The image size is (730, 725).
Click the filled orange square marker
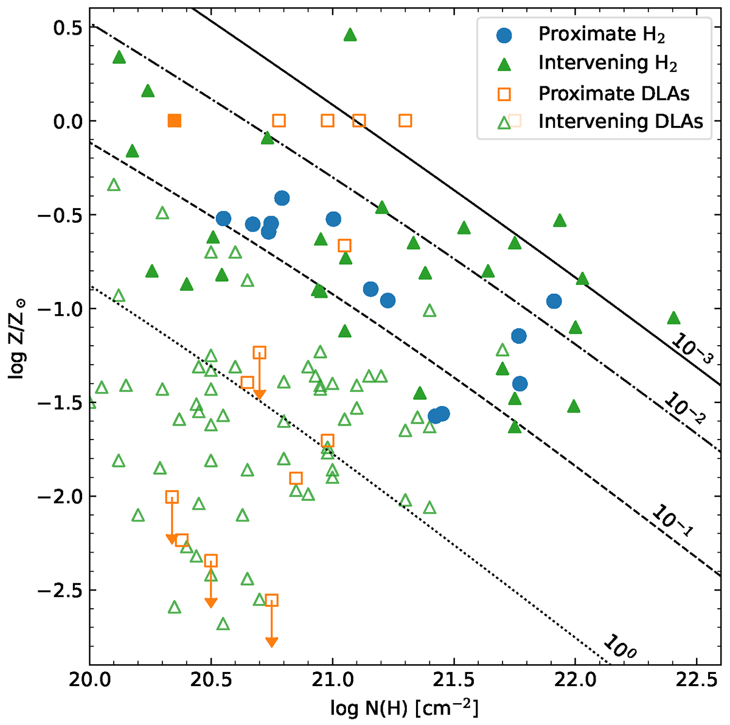(x=175, y=121)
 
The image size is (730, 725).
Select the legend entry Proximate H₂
(x=601, y=35)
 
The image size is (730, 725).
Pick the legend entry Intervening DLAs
(x=620, y=121)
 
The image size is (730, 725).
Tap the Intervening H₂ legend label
(x=608, y=63)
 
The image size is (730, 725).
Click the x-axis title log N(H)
(x=404, y=708)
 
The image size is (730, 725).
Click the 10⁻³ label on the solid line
(x=691, y=348)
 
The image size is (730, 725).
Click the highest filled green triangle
(x=350, y=35)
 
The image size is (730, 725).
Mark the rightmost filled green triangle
(x=673, y=318)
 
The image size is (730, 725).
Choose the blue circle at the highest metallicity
(x=282, y=198)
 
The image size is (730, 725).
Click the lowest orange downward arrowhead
(x=272, y=642)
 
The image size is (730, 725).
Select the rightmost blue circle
(x=554, y=301)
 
